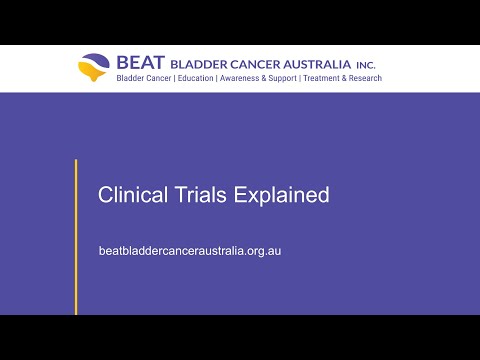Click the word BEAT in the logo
(x=141, y=62)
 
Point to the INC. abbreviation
(x=366, y=65)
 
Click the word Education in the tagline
(x=195, y=78)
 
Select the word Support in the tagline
(x=282, y=79)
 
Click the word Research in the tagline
(x=365, y=78)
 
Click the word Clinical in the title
(x=133, y=195)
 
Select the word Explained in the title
(x=281, y=195)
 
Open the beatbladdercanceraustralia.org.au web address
(x=190, y=251)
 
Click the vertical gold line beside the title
(x=76, y=237)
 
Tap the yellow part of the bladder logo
(x=91, y=71)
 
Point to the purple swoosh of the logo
(x=96, y=60)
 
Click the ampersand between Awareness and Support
(x=263, y=78)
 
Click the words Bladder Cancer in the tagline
(x=144, y=78)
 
